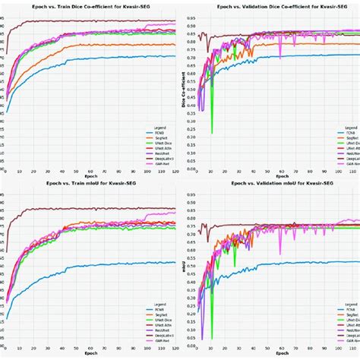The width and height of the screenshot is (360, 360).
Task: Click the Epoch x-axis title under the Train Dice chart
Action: (x=90, y=177)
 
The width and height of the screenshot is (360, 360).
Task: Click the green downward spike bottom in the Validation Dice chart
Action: (x=211, y=134)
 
